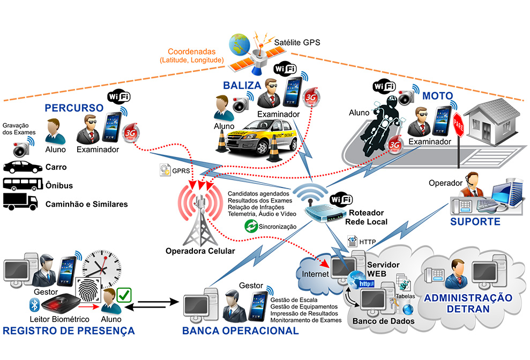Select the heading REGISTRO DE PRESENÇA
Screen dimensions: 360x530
pos(69,331)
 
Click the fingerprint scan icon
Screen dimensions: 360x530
pos(88,290)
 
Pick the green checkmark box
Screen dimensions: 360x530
pos(124,295)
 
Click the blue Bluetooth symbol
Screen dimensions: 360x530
pos(32,305)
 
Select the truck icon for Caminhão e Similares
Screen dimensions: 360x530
pos(20,201)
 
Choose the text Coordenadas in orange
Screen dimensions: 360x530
pos(191,52)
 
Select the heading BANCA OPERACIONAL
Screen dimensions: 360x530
pos(240,331)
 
